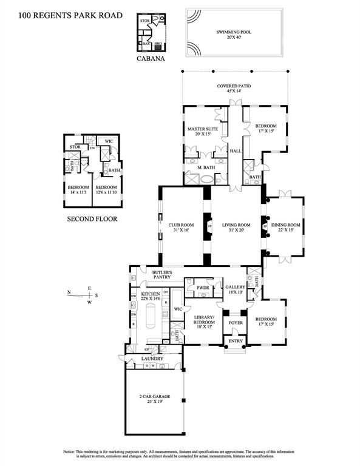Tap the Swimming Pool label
[x=234, y=33]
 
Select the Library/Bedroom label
[x=201, y=320]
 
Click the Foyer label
[x=235, y=322]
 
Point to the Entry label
[x=234, y=342]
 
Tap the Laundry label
[x=153, y=359]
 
